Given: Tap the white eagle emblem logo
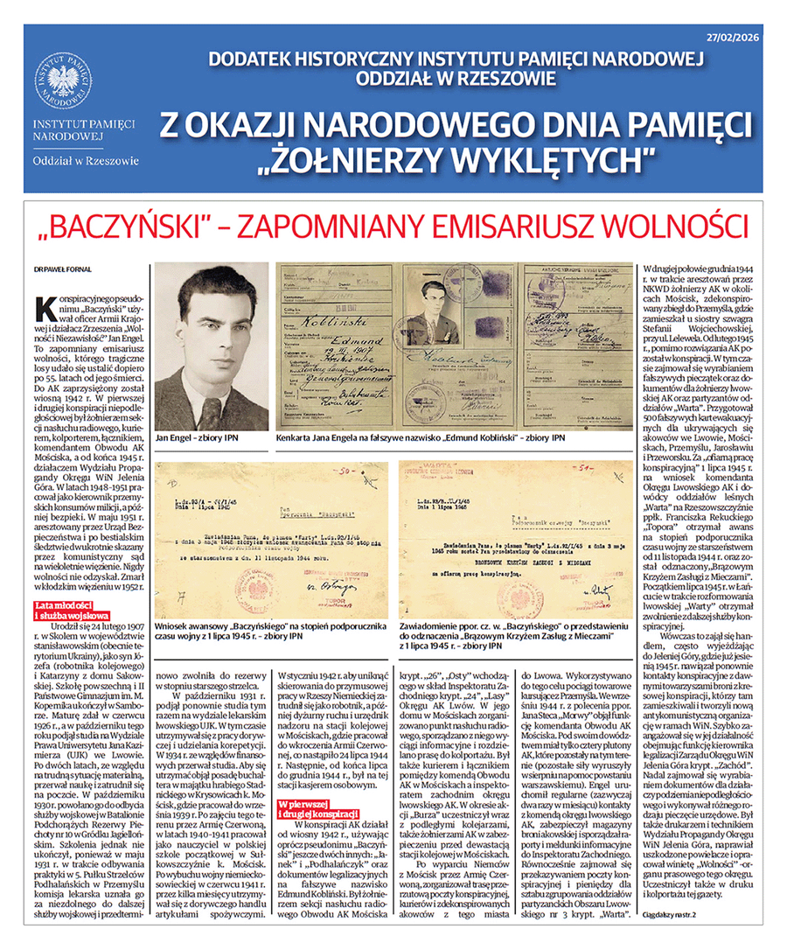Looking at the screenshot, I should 63,80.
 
